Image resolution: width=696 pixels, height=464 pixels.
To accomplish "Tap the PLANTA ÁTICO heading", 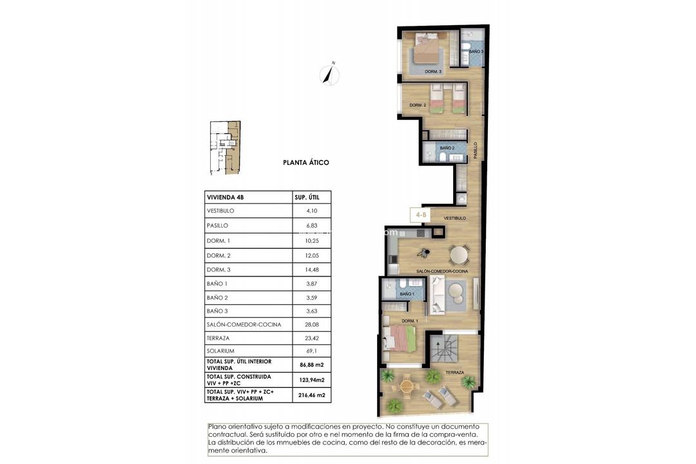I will (x=306, y=162).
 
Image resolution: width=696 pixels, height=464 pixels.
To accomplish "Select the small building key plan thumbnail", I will (x=225, y=148).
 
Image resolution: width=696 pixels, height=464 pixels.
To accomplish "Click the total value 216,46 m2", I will (x=312, y=394).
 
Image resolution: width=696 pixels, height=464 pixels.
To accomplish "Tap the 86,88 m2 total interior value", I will (x=311, y=365).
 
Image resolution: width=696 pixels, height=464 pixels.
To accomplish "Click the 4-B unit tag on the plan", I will (x=420, y=215).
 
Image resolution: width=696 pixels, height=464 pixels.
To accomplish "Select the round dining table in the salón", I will (x=459, y=255).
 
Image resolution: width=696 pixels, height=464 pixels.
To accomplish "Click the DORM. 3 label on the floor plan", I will (x=432, y=72).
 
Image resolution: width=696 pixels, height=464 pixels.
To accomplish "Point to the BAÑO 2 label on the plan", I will (x=447, y=148).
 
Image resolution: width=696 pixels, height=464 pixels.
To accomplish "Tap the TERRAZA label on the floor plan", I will (x=455, y=372).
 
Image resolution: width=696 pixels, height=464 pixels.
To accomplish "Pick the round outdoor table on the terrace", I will (x=407, y=387).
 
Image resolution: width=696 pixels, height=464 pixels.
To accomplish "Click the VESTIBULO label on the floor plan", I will (x=454, y=218).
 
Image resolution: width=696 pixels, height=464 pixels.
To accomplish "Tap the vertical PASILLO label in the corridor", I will (x=475, y=151).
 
